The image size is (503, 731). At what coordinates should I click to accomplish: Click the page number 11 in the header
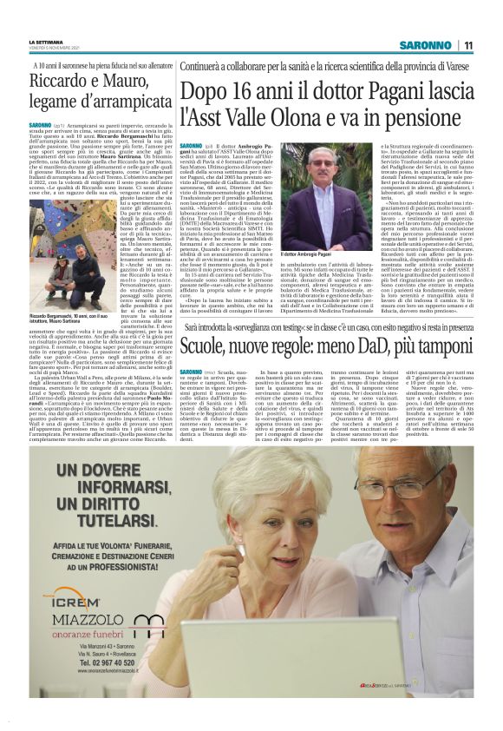pos(467,45)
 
